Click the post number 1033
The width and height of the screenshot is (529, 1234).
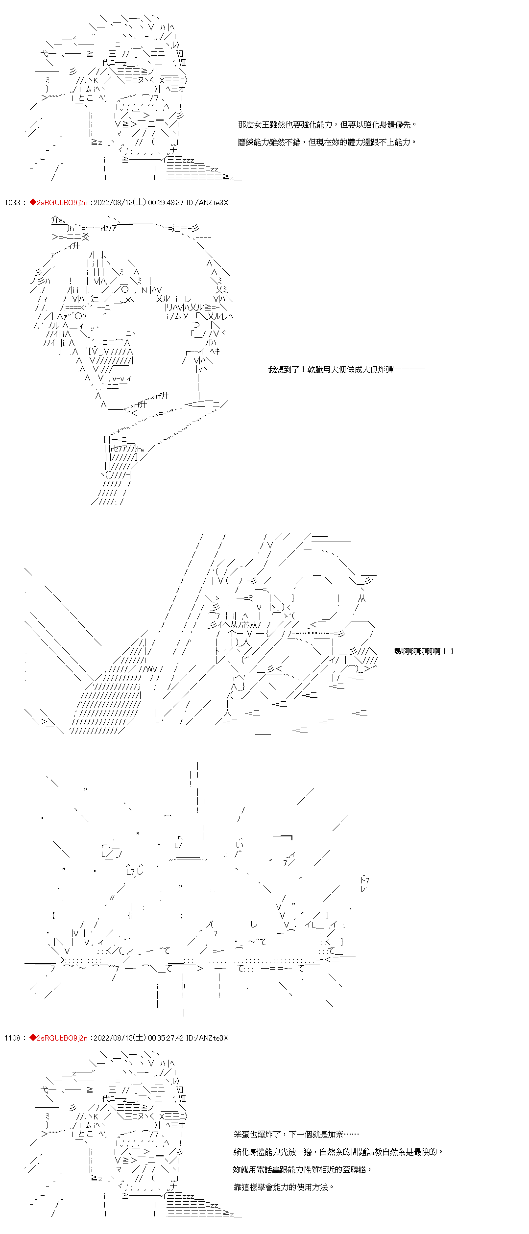point(12,203)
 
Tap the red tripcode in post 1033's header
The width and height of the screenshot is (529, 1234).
point(62,203)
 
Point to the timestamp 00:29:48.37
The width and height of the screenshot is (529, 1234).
point(166,203)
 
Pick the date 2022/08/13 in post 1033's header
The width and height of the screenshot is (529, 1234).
point(112,203)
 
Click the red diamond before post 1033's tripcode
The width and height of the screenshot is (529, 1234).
point(33,203)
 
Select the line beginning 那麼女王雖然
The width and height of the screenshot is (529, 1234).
point(327,125)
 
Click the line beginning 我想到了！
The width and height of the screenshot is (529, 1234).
point(346,369)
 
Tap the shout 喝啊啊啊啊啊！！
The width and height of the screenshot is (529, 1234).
point(424,651)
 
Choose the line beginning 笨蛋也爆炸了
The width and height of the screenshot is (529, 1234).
point(296,1135)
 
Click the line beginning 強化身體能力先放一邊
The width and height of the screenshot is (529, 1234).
point(338,1152)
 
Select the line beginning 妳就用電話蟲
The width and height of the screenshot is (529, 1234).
point(302,1169)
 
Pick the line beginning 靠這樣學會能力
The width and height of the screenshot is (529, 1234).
point(284,1187)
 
